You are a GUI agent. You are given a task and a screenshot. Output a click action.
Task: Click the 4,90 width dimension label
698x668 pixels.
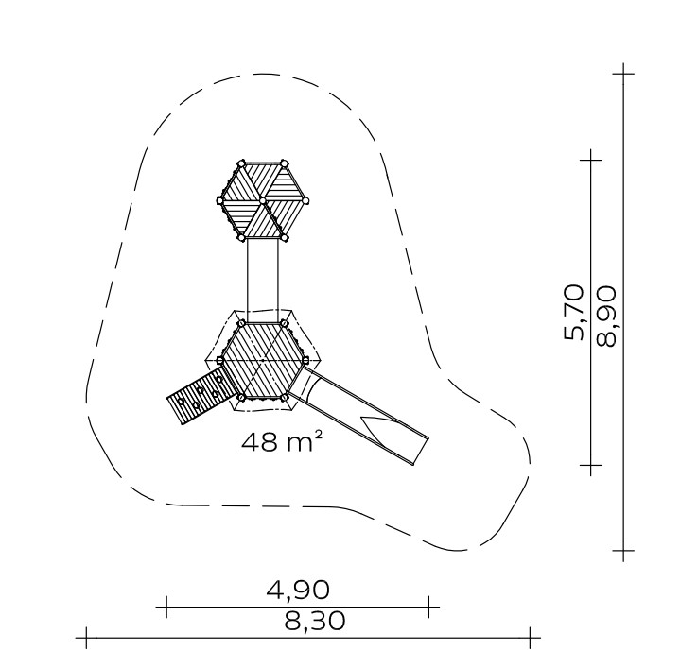pos(298,590)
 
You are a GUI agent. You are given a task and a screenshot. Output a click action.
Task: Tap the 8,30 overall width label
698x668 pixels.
pos(314,621)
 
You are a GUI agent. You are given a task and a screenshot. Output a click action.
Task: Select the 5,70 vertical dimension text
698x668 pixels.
pos(574,312)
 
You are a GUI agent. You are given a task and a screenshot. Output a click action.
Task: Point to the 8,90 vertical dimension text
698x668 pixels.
pos(607,317)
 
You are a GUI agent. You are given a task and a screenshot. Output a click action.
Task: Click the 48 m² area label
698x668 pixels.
pos(281,442)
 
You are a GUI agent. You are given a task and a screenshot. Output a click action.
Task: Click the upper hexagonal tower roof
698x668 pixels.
pos(263,200)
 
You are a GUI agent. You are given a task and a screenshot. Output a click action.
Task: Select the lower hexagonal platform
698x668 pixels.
pos(263,360)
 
